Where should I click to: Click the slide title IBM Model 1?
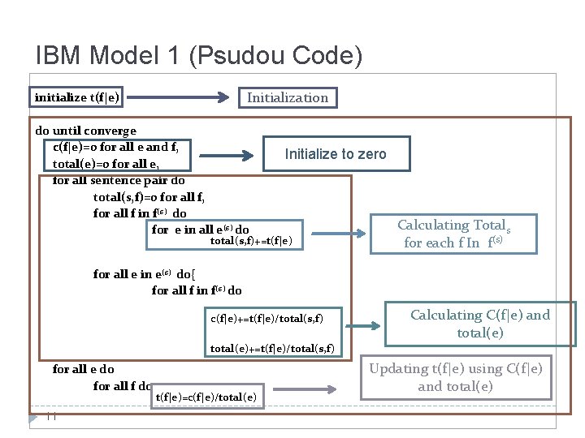tap(198, 55)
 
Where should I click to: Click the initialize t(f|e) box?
tap(77, 97)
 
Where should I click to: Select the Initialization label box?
tap(288, 97)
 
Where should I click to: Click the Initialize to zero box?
tap(336, 154)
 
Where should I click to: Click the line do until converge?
tap(85, 131)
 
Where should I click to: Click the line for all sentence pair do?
tap(119, 180)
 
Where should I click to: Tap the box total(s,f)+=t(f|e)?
tap(251, 241)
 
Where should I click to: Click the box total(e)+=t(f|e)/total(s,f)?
tap(272, 349)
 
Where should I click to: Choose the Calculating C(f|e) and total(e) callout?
tap(479, 324)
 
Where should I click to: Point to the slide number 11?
tap(50, 418)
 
